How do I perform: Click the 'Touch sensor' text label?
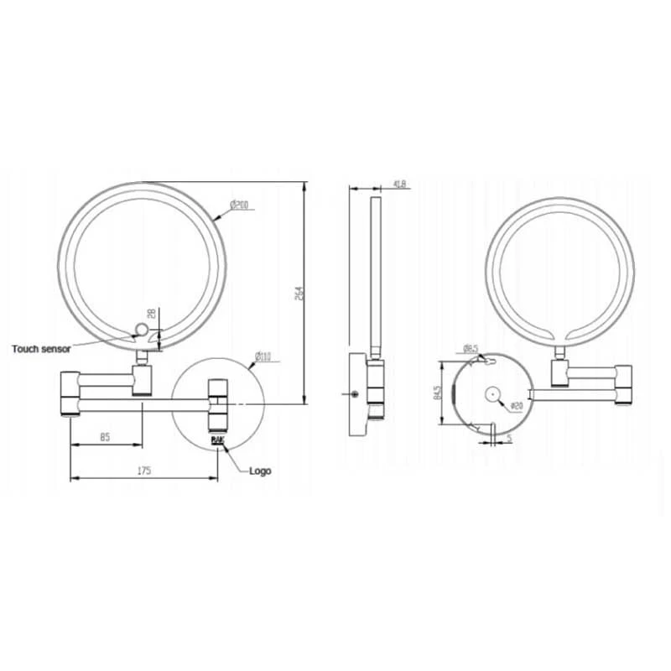[41, 348]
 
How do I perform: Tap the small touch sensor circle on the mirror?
[142, 328]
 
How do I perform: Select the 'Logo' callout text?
[260, 471]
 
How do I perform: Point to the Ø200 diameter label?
[239, 205]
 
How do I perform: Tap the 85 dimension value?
[106, 436]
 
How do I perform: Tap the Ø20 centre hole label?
[517, 407]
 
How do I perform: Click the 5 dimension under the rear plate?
[508, 437]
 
